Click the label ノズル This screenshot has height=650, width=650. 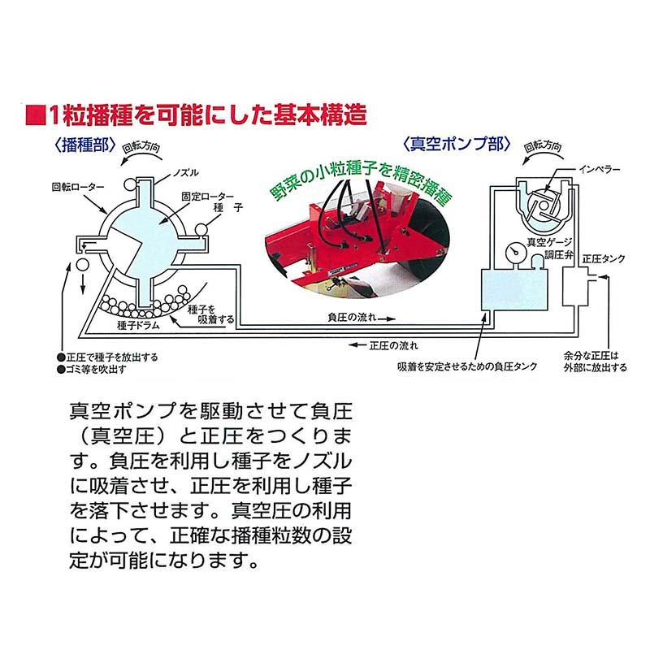point(186,174)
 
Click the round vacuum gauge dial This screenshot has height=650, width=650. point(512,252)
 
